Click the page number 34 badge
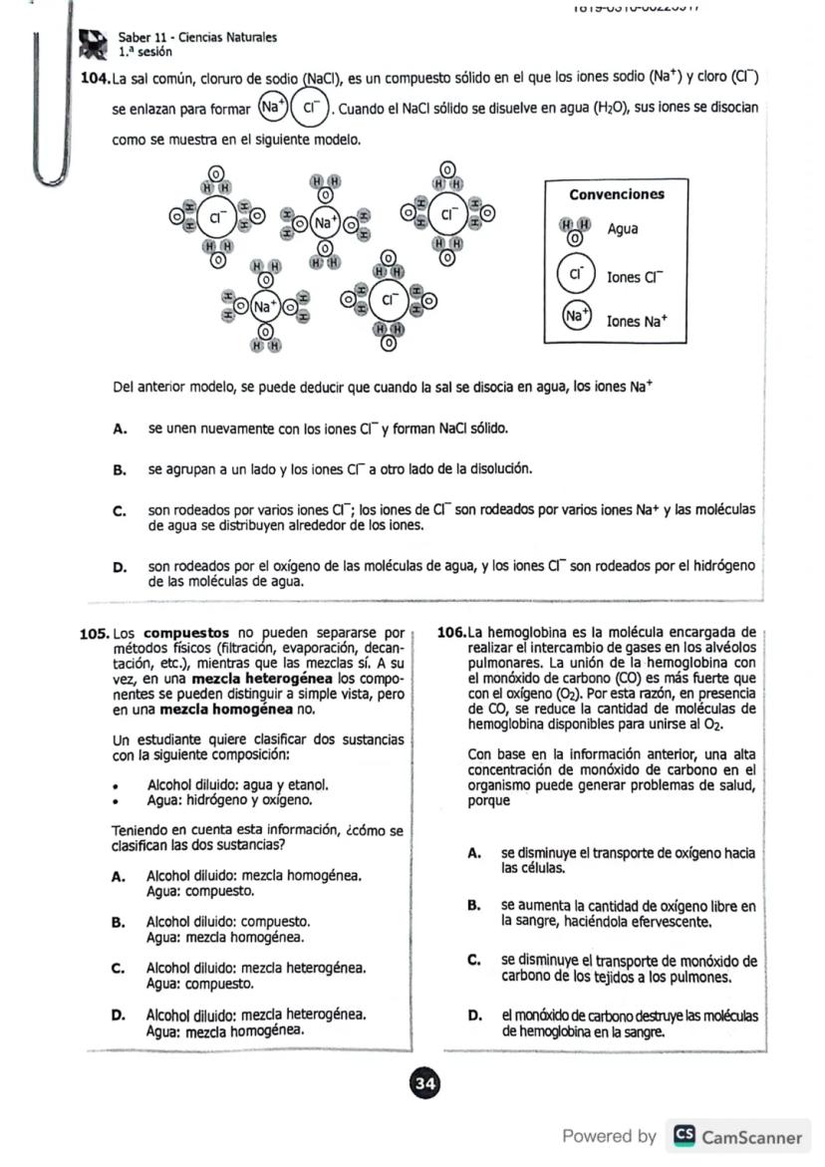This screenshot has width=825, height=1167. click(424, 1084)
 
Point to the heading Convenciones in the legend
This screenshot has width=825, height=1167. click(616, 194)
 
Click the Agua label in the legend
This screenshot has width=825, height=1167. click(623, 229)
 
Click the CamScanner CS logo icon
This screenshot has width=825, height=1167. click(685, 1136)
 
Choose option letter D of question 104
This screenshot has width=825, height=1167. click(120, 568)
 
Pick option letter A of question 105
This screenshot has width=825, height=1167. click(119, 877)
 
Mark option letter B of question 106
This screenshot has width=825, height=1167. click(474, 907)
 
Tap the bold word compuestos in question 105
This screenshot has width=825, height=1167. click(186, 633)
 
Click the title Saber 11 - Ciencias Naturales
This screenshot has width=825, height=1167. click(197, 38)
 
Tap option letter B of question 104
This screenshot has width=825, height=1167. click(120, 468)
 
